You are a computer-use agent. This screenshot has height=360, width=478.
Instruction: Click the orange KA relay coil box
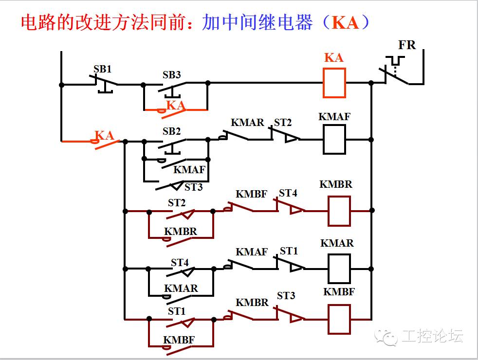coord(334,83)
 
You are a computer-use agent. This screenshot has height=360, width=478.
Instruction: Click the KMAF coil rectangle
coord(334,139)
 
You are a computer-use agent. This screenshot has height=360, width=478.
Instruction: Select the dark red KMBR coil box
coord(339,211)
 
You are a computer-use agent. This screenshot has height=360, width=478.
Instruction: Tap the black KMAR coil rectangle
coord(339,269)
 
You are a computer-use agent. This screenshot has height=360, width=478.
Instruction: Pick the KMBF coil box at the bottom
coord(339,319)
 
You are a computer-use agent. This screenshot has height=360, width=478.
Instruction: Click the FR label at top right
coord(407,45)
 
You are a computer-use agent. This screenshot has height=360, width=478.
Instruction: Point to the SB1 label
coord(102,69)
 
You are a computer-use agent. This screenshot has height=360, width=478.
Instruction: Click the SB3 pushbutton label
coord(171,75)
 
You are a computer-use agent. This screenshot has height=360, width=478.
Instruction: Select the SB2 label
coord(171,131)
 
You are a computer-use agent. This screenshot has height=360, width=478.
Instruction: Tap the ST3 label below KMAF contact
coord(193,187)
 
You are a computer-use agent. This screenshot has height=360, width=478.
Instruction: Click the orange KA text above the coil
coord(334,58)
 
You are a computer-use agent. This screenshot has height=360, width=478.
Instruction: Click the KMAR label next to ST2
coord(247,123)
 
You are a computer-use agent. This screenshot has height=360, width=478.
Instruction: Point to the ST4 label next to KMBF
coord(288,193)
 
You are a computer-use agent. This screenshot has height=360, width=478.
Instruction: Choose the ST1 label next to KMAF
coord(289,251)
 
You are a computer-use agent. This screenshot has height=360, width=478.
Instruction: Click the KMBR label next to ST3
coord(252,302)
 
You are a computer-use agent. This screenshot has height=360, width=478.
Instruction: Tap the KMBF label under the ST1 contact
coord(179,340)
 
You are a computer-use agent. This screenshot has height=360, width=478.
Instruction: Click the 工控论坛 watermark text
coord(432,336)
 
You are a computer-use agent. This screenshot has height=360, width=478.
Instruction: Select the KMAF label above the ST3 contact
coord(189,170)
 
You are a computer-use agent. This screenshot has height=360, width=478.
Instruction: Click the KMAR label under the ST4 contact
coord(181,288)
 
